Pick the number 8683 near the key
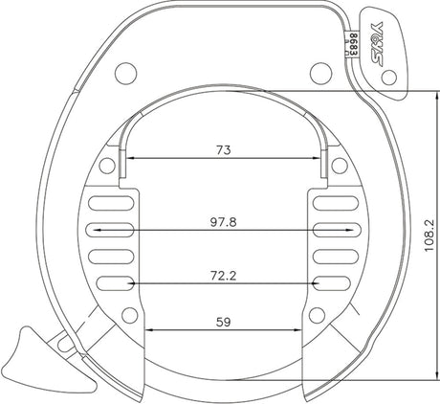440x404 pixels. coord(353,44)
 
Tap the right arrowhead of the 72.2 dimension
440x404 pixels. coord(309,283)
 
